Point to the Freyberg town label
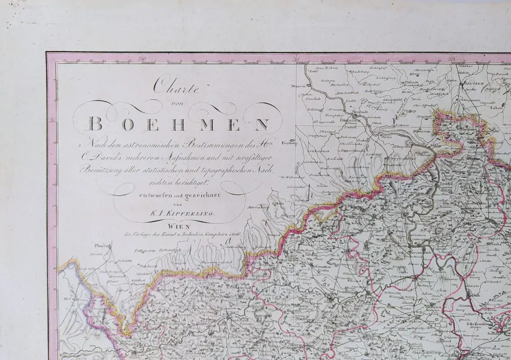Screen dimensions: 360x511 (290, 143)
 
